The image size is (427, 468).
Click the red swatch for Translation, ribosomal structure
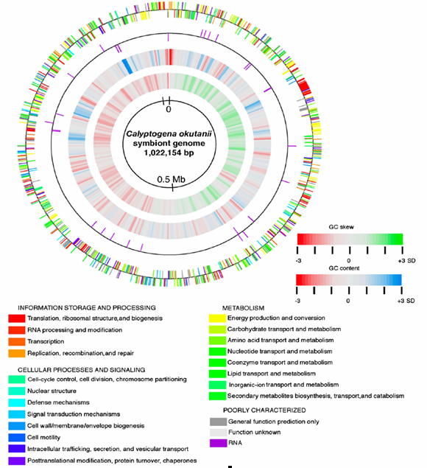17,318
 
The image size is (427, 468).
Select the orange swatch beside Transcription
17,341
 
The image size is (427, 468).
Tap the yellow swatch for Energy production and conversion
217,318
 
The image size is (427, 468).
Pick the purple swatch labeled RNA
218,443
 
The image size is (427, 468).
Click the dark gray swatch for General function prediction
218,422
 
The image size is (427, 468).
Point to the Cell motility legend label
44,437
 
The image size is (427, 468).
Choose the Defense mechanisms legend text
58,402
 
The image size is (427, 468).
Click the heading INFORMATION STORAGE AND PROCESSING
87,308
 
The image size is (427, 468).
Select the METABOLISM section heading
244,308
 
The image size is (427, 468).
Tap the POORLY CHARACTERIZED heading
264,410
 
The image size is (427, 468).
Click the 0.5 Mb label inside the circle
171,179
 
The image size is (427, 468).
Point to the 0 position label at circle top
169,109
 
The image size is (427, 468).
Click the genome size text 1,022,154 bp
169,153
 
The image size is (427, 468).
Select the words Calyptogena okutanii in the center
169,133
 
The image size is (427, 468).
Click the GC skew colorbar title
342,227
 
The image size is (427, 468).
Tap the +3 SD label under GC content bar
406,301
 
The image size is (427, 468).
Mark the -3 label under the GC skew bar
298,261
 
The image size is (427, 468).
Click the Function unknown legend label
254,432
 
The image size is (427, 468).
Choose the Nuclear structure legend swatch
17,391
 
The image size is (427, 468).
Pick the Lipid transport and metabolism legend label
272,374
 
